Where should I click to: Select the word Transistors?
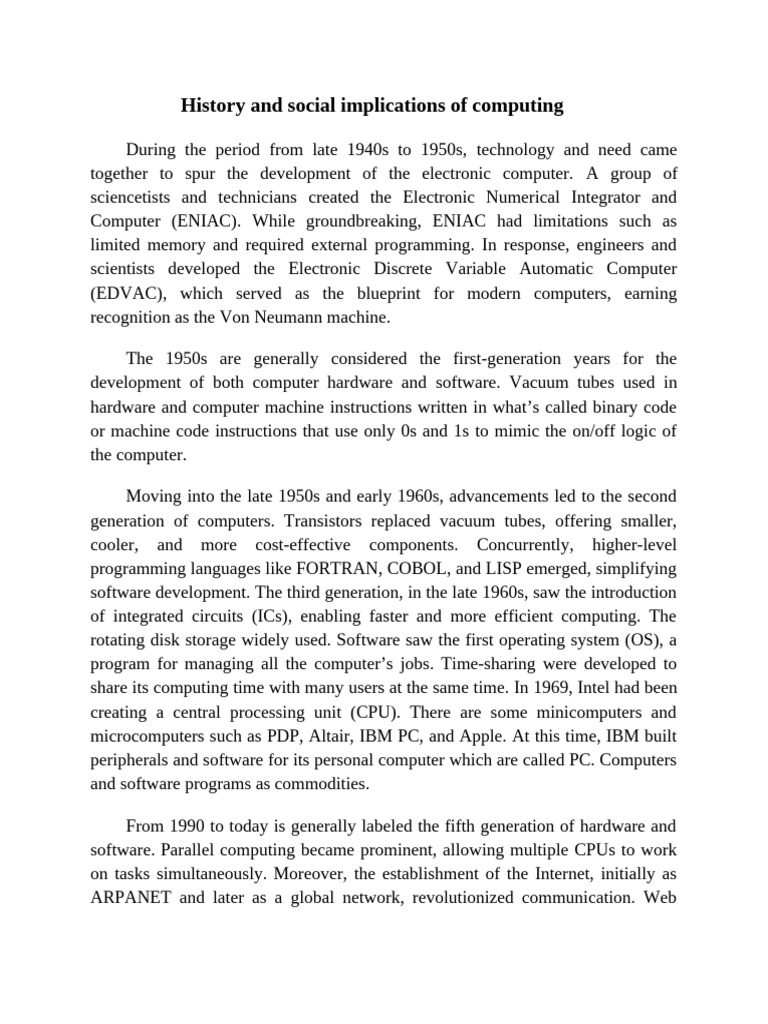[x=327, y=521]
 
